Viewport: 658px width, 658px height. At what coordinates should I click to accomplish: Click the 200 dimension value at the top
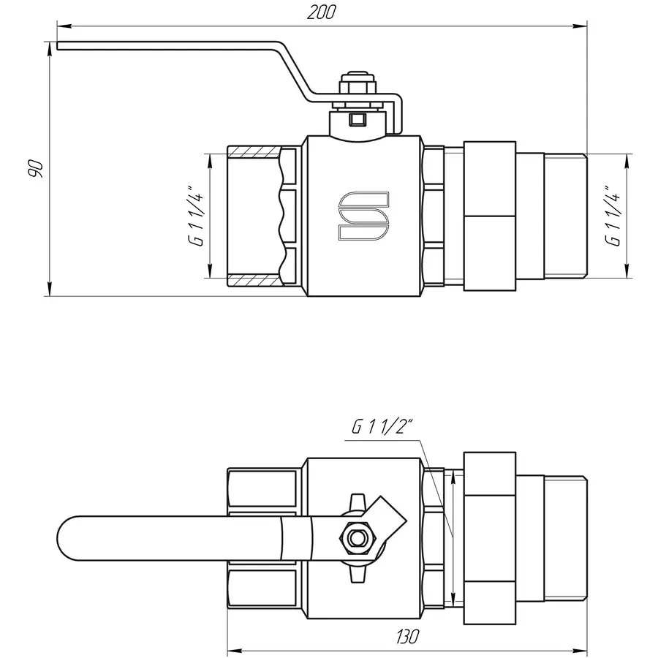(x=321, y=12)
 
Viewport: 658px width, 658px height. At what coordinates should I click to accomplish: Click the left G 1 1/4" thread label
(x=195, y=217)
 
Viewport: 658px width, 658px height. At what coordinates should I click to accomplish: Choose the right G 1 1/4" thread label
(x=612, y=217)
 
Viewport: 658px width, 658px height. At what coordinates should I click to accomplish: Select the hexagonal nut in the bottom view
(x=358, y=540)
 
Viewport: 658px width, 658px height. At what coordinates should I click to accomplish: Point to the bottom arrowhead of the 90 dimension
(x=50, y=290)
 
